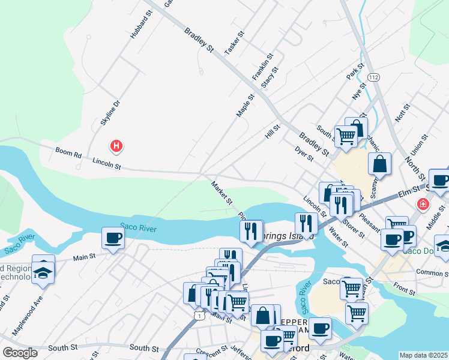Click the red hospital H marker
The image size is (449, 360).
[117, 146]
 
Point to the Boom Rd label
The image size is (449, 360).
[68, 152]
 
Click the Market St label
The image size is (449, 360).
[221, 193]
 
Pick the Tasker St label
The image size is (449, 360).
[232, 43]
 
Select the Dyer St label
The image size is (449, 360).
[305, 154]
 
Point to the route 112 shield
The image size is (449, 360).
[374, 78]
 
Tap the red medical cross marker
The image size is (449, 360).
[423, 204]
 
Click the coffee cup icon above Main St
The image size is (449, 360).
[113, 238]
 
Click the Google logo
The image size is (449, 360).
[20, 353]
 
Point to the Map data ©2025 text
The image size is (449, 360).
[423, 355]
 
